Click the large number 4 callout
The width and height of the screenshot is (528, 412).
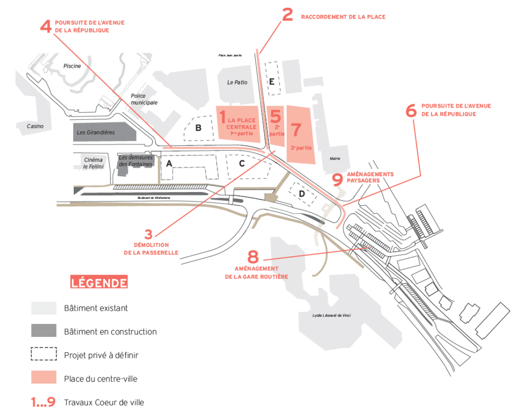coord(46,26)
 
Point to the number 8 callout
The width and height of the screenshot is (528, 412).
coord(252,256)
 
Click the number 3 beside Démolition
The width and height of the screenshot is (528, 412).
coord(149,234)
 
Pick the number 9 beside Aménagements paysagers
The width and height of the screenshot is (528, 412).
coord(337,179)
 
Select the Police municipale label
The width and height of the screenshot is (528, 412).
coord(144,99)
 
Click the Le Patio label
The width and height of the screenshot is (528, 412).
coord(237,82)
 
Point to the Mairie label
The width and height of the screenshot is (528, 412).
coord(335,159)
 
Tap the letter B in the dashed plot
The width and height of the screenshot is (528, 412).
coord(198,128)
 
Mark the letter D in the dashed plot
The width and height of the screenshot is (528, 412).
coord(302,194)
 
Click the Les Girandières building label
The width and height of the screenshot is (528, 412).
coord(95,132)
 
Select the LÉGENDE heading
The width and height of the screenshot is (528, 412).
coord(99,282)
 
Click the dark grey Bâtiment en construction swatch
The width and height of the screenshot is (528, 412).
coord(44,331)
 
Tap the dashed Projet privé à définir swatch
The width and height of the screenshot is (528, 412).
coord(44,354)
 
